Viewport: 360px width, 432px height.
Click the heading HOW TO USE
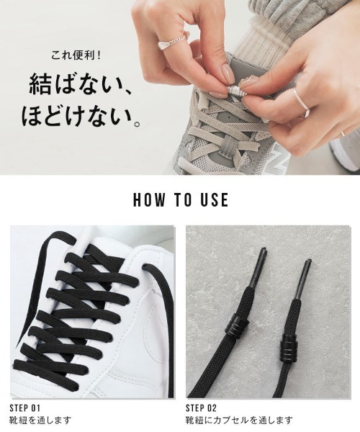click(x=180, y=199)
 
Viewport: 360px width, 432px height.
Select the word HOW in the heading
click(x=148, y=199)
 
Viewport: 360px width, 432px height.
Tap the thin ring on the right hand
click(x=301, y=103)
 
